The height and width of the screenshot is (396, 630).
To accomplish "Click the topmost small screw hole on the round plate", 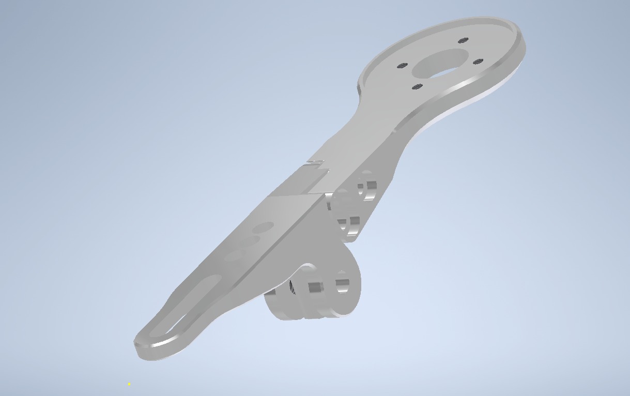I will (463, 40).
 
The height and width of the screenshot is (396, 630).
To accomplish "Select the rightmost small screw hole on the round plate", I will (478, 62).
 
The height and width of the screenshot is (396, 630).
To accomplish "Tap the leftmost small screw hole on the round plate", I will (402, 66).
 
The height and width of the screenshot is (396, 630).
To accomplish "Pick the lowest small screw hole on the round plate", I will (418, 87).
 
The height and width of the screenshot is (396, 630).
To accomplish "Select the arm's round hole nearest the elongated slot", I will (233, 255).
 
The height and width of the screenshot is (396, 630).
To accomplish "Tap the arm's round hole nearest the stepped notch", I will (264, 227).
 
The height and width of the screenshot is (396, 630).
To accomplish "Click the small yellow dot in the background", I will (129, 384).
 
